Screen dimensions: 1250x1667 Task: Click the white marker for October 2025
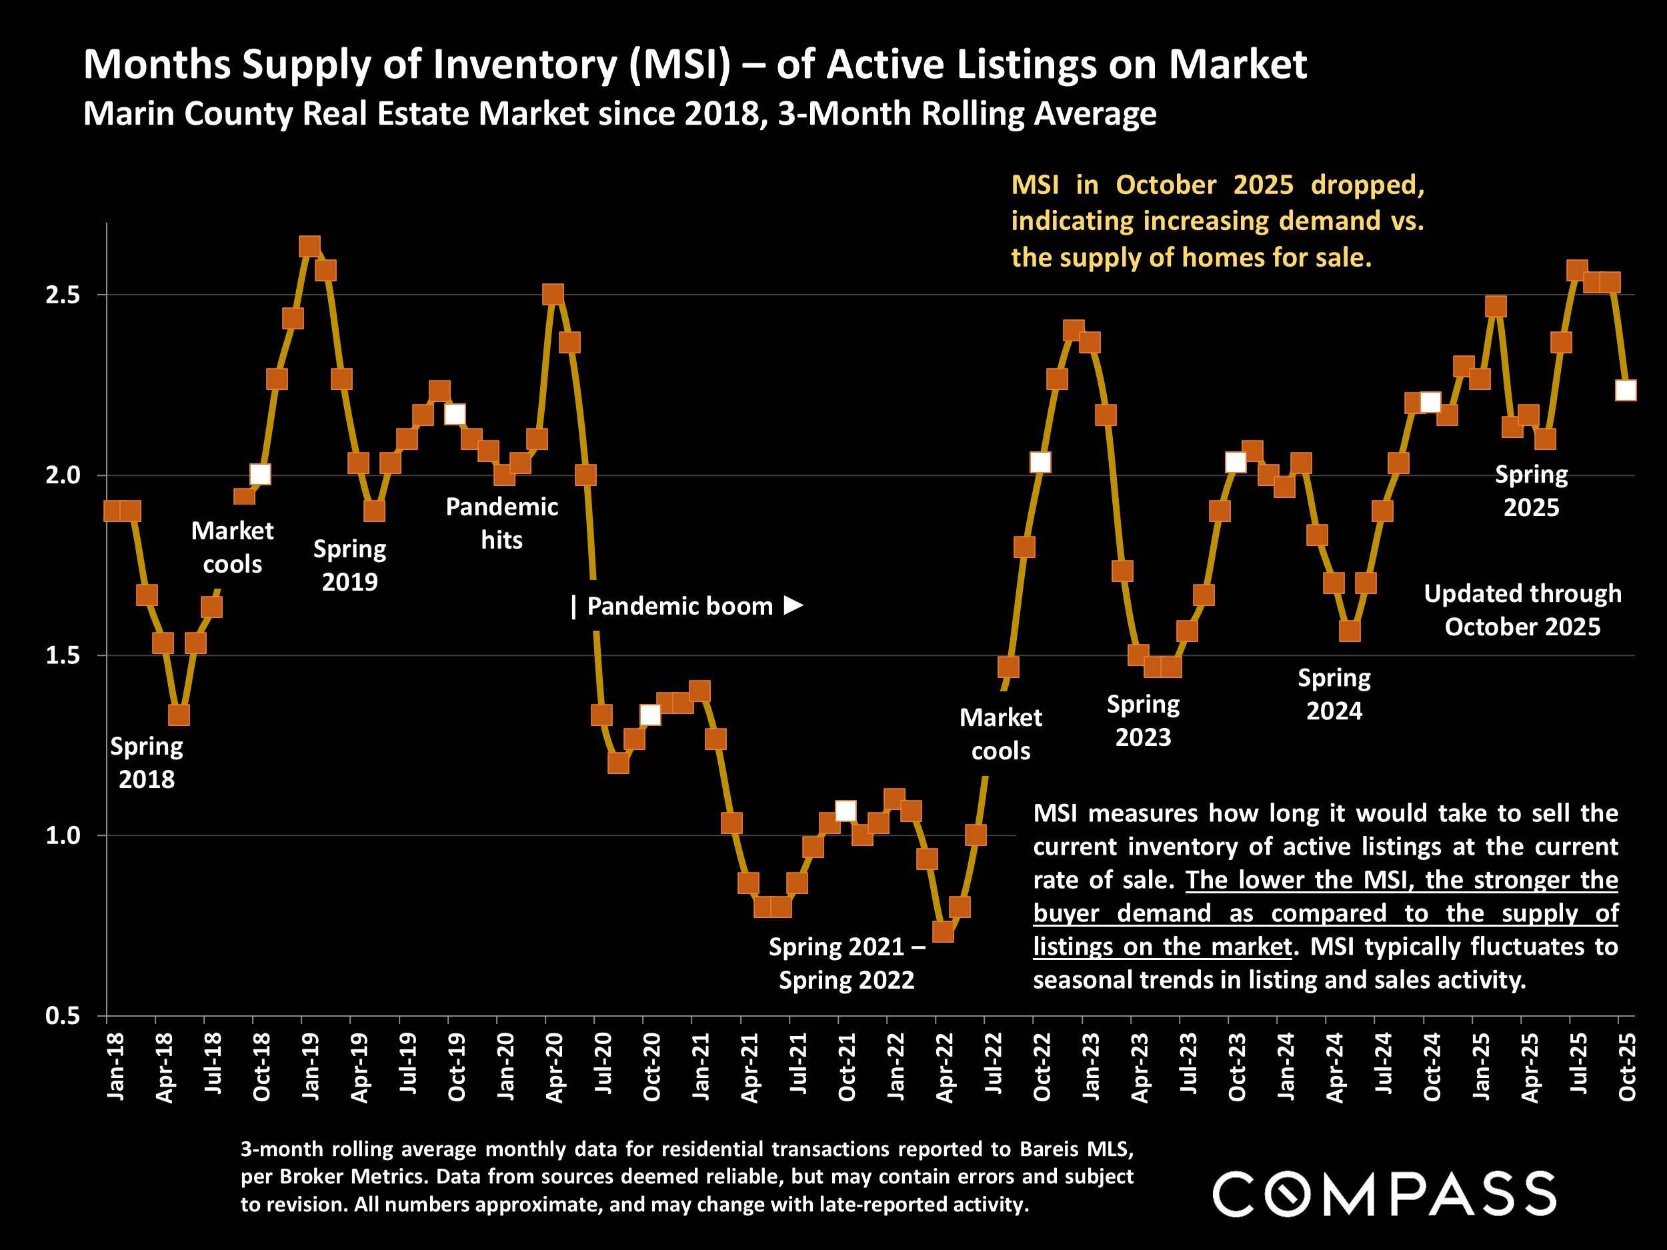[1626, 390]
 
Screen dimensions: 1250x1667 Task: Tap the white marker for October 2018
[260, 475]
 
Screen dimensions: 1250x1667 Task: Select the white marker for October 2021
[846, 811]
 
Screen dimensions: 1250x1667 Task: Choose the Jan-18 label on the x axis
[115, 1070]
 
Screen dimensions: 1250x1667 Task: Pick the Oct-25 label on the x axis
[1627, 1070]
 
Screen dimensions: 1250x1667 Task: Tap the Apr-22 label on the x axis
[944, 1070]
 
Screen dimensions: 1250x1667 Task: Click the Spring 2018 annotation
[147, 763]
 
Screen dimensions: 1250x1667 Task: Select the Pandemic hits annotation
[502, 523]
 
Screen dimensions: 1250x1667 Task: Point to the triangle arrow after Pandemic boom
[793, 605]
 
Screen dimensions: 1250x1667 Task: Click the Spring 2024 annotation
[1334, 695]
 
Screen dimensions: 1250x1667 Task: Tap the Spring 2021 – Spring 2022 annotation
[846, 963]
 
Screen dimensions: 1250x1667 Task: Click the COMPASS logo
[1384, 1193]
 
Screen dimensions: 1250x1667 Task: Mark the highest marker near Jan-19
[309, 247]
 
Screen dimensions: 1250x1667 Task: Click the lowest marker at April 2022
[943, 932]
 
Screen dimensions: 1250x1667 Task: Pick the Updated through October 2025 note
[1522, 610]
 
